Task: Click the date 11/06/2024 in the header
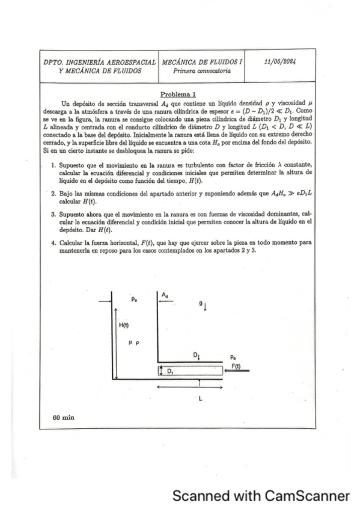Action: point(282,61)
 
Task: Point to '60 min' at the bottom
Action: point(63,417)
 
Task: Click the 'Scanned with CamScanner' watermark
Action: point(260,496)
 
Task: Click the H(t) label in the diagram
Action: point(123,325)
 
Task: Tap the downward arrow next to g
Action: point(206,307)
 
